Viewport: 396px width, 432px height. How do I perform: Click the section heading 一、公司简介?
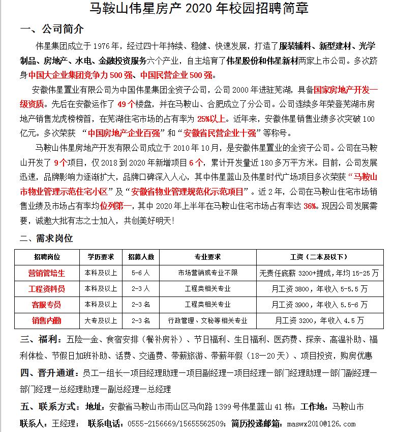51,29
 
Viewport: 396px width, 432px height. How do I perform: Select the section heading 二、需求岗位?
46,238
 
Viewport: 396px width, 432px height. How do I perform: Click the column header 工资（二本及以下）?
319,257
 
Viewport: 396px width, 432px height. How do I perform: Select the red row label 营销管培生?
47,273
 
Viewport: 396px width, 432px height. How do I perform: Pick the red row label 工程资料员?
47,289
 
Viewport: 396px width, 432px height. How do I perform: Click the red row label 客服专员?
47,305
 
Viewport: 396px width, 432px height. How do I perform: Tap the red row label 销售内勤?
47,320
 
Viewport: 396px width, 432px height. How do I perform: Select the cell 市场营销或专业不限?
207,273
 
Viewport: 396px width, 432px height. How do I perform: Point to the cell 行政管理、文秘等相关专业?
207,320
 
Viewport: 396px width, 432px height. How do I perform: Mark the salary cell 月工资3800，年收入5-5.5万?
319,289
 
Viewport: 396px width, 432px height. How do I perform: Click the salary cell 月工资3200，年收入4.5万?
319,320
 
